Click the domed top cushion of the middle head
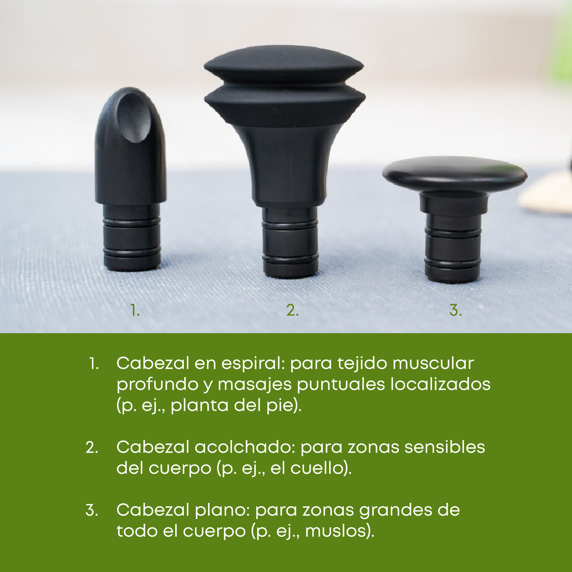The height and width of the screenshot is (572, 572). pos(284,64)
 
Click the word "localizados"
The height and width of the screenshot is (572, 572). pos(441,385)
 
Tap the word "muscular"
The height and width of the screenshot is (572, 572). pos(433,364)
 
